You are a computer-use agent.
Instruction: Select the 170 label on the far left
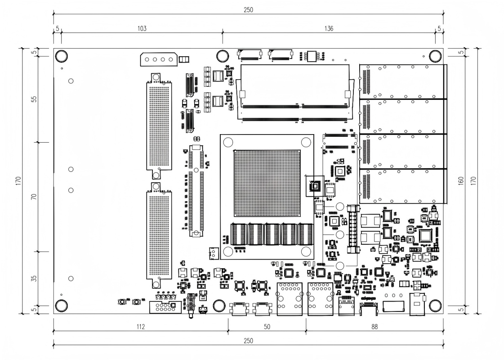click(17, 180)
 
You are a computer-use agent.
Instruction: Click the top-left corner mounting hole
click(61, 56)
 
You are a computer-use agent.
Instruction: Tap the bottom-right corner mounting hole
click(435, 306)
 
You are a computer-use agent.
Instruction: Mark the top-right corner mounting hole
click(435, 56)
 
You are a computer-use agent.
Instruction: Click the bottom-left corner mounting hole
click(61, 306)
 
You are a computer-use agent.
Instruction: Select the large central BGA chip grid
click(267, 184)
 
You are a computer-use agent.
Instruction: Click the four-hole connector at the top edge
click(157, 59)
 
